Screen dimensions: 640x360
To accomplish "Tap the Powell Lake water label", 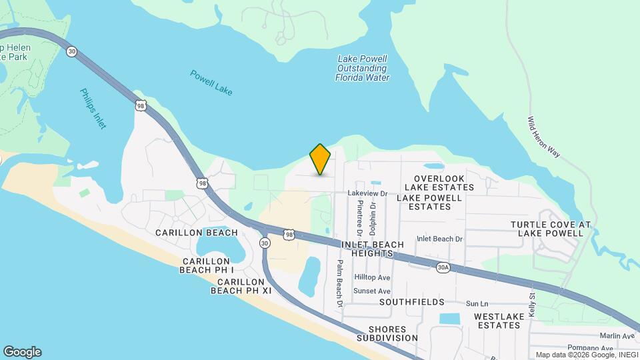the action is click(x=211, y=83).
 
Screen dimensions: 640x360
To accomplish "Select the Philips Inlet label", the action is click(x=93, y=109).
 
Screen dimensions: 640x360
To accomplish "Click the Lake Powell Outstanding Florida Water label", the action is click(x=362, y=68).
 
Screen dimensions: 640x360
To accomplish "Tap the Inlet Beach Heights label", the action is click(x=372, y=249).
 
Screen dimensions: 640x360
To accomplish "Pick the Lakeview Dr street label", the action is click(x=367, y=193).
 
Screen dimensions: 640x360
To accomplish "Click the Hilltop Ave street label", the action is click(x=372, y=277).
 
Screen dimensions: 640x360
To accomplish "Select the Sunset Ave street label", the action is click(x=372, y=291).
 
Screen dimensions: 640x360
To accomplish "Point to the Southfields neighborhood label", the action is click(x=411, y=302).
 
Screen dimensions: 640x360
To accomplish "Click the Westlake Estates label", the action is click(x=497, y=321).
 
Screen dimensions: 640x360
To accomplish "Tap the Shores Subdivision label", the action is click(x=393, y=333).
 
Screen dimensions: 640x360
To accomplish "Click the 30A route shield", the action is click(x=443, y=267).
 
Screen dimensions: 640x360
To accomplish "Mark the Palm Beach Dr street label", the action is click(x=339, y=283).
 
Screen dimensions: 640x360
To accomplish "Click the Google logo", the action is click(x=22, y=352).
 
